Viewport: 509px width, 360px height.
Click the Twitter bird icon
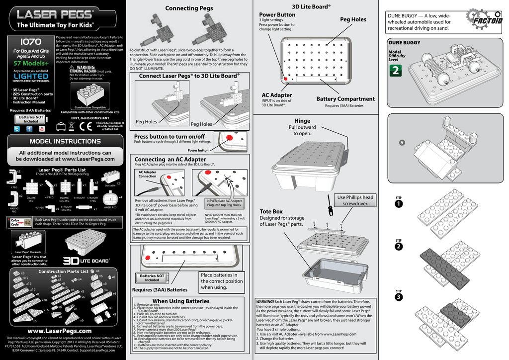pyautogui.click(x=16, y=129)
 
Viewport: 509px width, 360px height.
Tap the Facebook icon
pyautogui.click(x=29, y=129)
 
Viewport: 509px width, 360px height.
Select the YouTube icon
pyautogui.click(x=41, y=129)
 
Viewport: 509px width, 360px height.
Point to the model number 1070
pyautogui.click(x=31, y=41)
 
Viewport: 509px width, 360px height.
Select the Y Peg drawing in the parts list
pyautogui.click(x=13, y=178)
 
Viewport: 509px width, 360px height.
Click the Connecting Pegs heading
pyautogui.click(x=188, y=8)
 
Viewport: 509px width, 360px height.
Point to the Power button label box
pyautogui.click(x=198, y=150)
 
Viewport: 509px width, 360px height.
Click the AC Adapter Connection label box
pyautogui.click(x=147, y=174)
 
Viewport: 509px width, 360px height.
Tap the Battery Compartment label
pyautogui.click(x=345, y=99)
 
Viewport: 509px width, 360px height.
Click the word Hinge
pyautogui.click(x=302, y=121)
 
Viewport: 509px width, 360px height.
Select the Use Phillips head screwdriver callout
pyautogui.click(x=355, y=200)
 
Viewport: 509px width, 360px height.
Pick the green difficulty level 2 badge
pyautogui.click(x=396, y=71)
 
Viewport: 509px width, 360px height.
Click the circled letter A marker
pyautogui.click(x=402, y=143)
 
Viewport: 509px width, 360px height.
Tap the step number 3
pyautogui.click(x=399, y=297)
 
